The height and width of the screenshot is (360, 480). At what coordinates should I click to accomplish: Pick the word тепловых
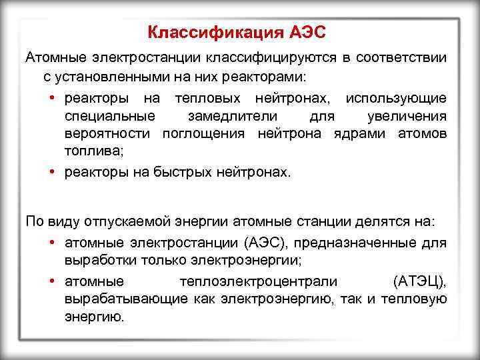point(203,98)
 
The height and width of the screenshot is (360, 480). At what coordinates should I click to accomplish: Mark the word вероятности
point(110,133)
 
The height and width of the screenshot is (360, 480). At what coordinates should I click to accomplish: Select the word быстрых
point(184,172)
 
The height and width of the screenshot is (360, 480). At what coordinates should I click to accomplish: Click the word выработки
point(97,259)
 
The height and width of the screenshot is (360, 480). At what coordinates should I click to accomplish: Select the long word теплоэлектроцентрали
point(258,279)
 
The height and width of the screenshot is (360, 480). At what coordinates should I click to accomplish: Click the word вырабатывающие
point(125,298)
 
